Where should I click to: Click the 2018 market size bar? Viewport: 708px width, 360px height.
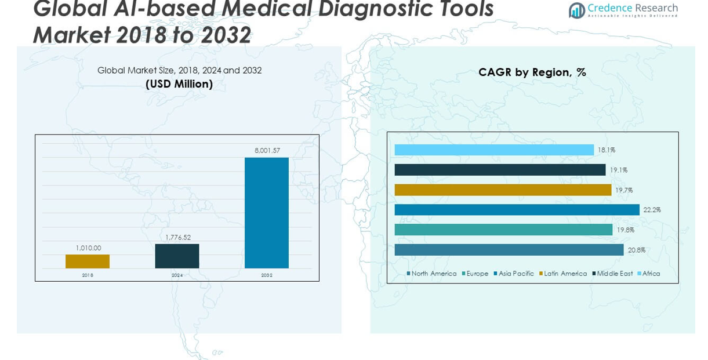pyautogui.click(x=88, y=261)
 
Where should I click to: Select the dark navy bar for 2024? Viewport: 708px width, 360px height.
pyautogui.click(x=177, y=256)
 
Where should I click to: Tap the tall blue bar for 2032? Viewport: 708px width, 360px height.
pyautogui.click(x=267, y=213)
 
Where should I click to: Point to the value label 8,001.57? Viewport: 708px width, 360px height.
pyautogui.click(x=267, y=151)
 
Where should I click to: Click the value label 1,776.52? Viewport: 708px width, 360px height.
pyautogui.click(x=177, y=237)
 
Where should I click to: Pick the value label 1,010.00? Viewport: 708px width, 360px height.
pyautogui.click(x=88, y=248)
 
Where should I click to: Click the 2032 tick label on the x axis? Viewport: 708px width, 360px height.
pyautogui.click(x=267, y=275)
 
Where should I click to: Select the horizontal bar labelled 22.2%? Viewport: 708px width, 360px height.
pyautogui.click(x=517, y=210)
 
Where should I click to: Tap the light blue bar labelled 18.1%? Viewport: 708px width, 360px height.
pyautogui.click(x=494, y=150)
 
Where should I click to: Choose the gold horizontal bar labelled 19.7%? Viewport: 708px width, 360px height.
pyautogui.click(x=503, y=190)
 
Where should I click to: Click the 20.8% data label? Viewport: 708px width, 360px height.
pyautogui.click(x=637, y=250)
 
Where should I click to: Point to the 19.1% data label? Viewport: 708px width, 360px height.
pyautogui.click(x=619, y=170)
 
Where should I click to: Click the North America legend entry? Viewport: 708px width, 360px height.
pyautogui.click(x=431, y=274)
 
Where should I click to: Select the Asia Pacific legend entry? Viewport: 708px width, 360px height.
pyautogui.click(x=514, y=274)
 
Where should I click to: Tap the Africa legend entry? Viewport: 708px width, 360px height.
pyautogui.click(x=649, y=274)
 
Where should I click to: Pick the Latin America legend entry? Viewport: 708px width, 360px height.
pyautogui.click(x=563, y=274)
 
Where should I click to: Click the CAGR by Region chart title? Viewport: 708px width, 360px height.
pyautogui.click(x=532, y=72)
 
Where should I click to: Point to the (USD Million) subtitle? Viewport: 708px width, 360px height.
pyautogui.click(x=179, y=84)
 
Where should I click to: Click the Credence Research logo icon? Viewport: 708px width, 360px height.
pyautogui.click(x=576, y=10)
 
